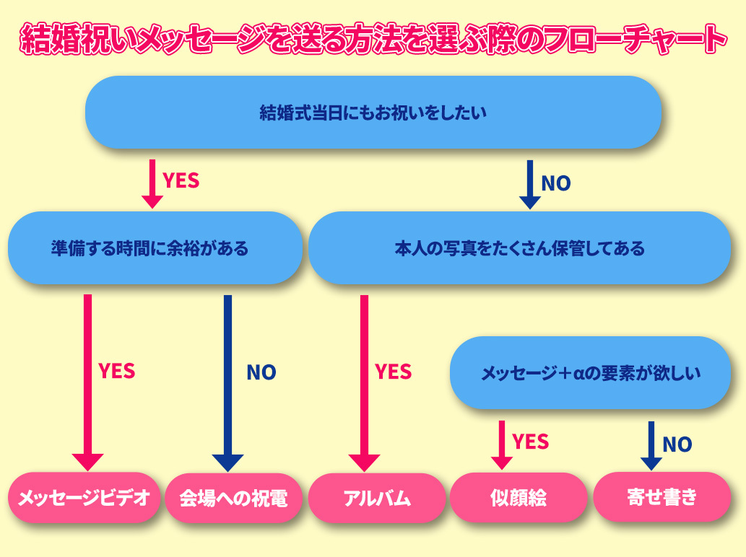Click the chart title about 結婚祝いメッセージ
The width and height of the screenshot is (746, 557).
click(373, 40)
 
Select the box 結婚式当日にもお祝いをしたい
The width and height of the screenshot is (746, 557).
click(373, 113)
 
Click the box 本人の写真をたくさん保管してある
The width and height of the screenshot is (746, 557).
click(519, 249)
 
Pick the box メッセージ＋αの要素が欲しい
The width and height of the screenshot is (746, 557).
click(590, 374)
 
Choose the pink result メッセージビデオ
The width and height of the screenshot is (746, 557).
click(83, 498)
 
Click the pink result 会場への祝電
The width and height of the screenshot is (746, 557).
click(233, 498)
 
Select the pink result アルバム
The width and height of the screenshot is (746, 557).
click(376, 498)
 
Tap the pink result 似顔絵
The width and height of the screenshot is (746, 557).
click(518, 498)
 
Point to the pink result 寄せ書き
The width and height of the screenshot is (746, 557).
click(662, 498)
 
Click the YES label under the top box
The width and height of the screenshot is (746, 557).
click(181, 180)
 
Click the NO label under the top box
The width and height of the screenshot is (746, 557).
click(555, 183)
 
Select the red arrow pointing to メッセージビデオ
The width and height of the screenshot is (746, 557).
click(88, 382)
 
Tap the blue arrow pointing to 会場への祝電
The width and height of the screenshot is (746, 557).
click(227, 382)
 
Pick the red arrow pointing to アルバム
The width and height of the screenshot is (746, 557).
click(364, 382)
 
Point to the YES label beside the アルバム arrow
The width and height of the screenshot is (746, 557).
click(393, 372)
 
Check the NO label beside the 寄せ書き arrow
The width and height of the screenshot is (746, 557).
click(677, 444)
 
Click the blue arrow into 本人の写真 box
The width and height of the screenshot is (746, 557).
click(530, 185)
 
